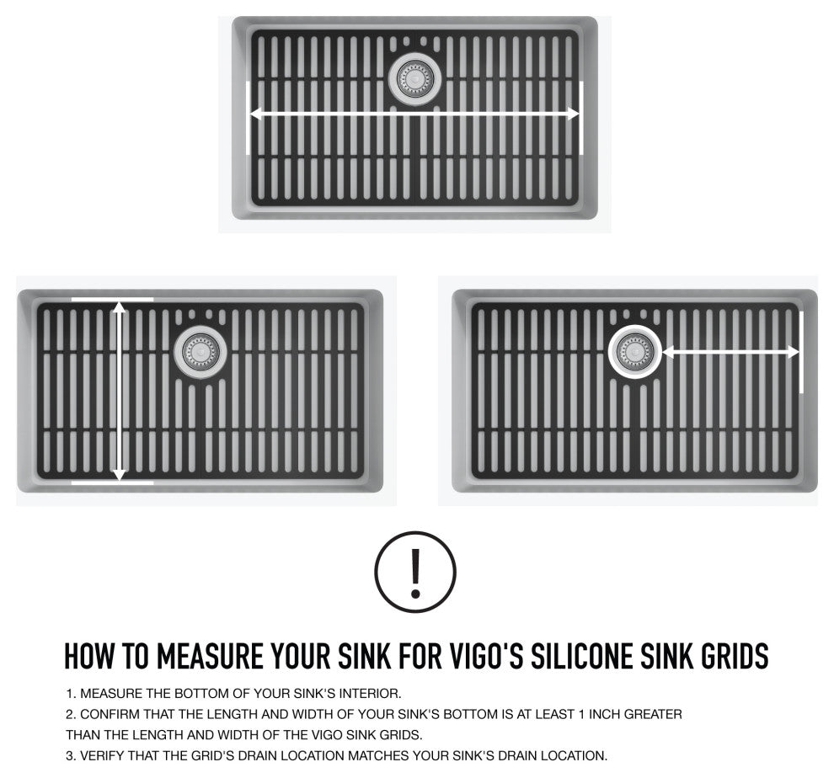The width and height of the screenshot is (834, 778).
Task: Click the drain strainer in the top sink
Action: click(415, 79)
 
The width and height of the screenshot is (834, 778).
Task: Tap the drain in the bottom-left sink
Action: click(200, 351)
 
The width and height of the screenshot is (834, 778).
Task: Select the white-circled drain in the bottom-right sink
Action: click(635, 351)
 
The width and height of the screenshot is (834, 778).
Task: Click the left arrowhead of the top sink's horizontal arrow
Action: click(256, 114)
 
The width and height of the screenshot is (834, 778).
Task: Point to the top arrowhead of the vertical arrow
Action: click(120, 306)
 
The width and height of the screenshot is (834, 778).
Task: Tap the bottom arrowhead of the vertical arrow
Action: click(120, 475)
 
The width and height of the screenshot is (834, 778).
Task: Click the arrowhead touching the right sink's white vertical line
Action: click(793, 351)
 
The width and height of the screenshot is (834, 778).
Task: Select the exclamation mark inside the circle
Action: click(415, 573)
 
